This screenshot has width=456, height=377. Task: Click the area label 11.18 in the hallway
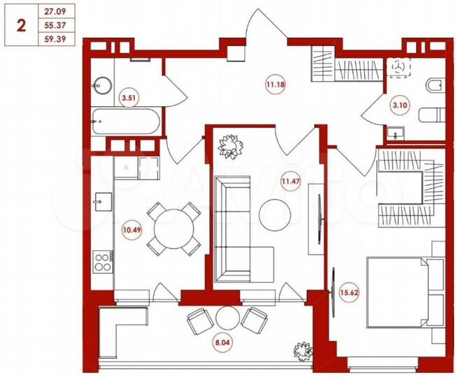click(274, 86)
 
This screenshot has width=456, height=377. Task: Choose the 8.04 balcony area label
click(220, 343)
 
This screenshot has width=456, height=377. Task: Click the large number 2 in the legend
click(21, 26)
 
